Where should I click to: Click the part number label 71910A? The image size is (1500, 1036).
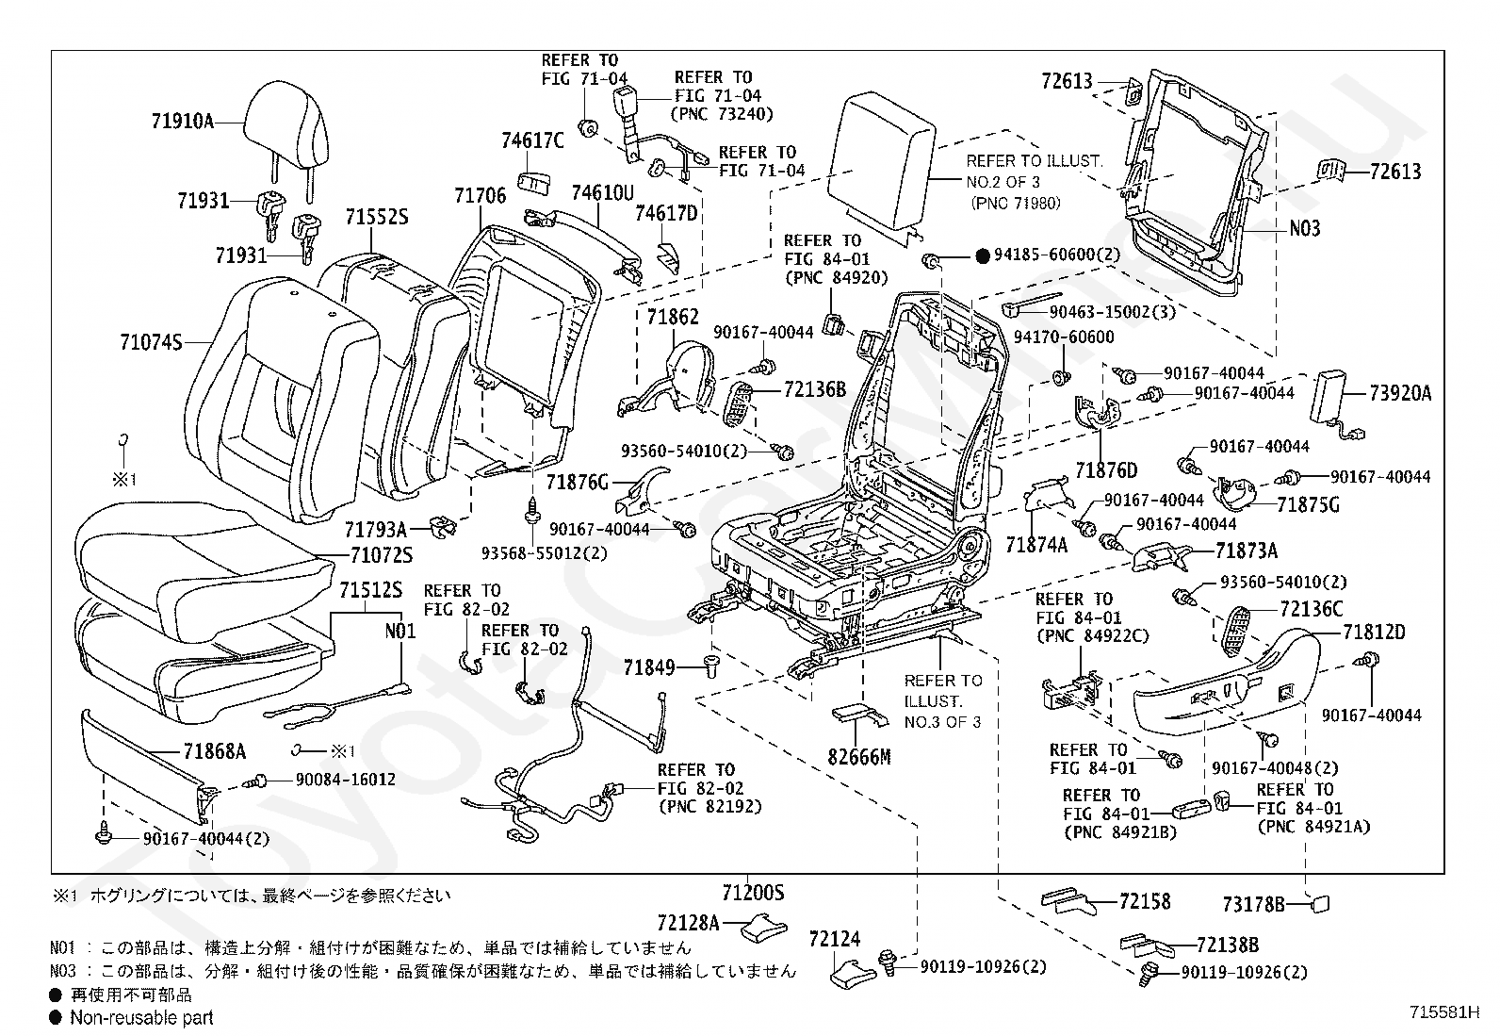[183, 121]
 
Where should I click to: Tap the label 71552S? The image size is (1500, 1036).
[376, 216]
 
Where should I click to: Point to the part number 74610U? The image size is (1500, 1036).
[603, 193]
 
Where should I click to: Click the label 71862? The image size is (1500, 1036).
[673, 317]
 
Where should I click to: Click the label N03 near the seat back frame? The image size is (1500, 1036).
[1305, 228]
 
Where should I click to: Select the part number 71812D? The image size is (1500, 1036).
[1374, 633]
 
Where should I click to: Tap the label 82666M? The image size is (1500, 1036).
[859, 757]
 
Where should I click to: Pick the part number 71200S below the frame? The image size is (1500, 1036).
[754, 892]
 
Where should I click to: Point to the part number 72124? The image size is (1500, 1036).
[835, 939]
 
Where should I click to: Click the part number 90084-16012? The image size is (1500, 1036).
[332, 780]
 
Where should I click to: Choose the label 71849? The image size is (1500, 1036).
[649, 668]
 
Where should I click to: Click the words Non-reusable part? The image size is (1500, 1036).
[141, 1017]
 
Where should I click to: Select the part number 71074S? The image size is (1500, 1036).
[151, 342]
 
